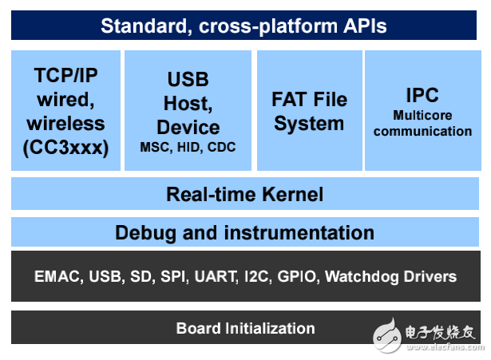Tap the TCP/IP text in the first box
click(65, 76)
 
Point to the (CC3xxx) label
click(65, 147)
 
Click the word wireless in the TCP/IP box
click(65, 123)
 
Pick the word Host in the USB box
click(188, 103)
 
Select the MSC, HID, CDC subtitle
click(188, 148)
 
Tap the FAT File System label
click(309, 112)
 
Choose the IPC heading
click(422, 95)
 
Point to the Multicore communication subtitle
click(422, 123)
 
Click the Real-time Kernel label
click(244, 194)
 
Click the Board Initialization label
click(245, 328)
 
